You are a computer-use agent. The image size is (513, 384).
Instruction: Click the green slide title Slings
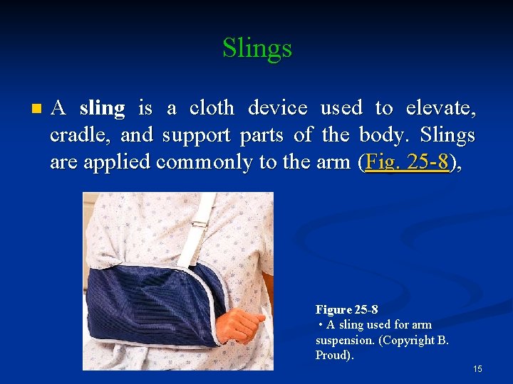click(x=256, y=48)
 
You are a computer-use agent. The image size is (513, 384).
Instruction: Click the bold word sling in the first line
click(x=102, y=108)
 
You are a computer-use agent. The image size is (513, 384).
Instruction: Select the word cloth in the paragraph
click(x=212, y=108)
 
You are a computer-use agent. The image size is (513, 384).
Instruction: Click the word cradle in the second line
click(x=77, y=135)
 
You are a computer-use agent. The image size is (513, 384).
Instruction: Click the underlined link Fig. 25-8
click(x=407, y=162)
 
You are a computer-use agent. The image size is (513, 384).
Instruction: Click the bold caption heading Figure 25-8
click(x=347, y=310)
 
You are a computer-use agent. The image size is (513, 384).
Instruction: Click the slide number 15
click(x=477, y=369)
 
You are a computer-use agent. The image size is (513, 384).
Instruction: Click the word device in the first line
click(x=277, y=108)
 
